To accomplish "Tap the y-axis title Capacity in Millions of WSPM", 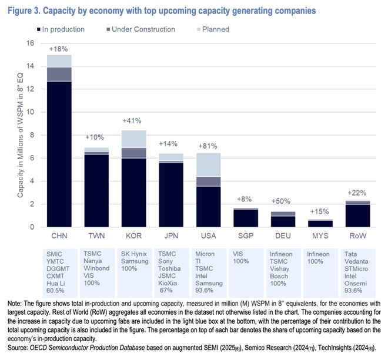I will point(21,135).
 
